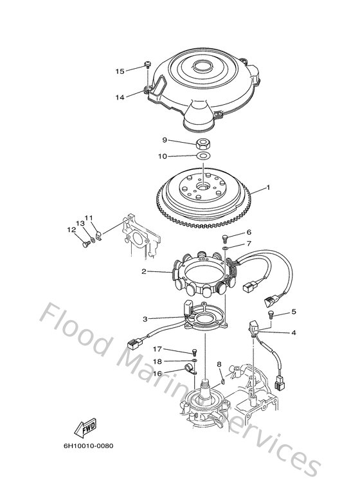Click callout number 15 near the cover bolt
click(120, 71)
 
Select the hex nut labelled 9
click(202, 144)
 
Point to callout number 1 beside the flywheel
click(269, 188)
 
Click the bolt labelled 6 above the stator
click(226, 237)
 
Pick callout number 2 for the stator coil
click(144, 271)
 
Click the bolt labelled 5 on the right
click(271, 314)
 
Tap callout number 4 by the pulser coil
click(294, 333)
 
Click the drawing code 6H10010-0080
click(89, 446)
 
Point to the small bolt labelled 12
click(86, 244)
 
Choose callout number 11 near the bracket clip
click(89, 218)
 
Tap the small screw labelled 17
click(194, 352)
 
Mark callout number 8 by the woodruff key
click(219, 365)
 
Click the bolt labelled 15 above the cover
click(148, 65)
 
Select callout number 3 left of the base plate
click(145, 319)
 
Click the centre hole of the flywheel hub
click(202, 186)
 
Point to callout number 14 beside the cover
click(120, 97)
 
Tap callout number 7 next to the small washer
click(249, 244)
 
